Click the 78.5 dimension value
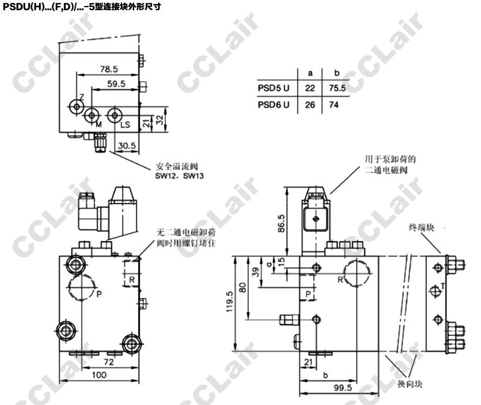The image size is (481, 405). [109, 69]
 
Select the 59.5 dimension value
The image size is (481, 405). [116, 84]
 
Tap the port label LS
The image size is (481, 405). [125, 125]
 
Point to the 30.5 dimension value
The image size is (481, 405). [127, 145]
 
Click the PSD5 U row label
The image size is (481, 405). [274, 88]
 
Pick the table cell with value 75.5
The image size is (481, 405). [337, 88]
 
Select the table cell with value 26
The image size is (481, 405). [310, 105]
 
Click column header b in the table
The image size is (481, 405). [337, 73]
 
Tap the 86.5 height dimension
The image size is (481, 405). [281, 223]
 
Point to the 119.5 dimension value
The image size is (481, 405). [230, 302]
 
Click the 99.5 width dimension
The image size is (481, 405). [343, 388]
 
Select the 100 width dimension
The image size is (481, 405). [99, 374]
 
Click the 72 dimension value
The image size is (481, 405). [109, 362]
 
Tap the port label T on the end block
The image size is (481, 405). [443, 287]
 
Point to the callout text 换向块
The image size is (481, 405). [410, 384]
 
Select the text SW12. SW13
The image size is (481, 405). [179, 176]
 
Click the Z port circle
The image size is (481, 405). [76, 107]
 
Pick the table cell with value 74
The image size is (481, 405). [334, 105]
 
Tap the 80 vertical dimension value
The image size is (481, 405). [243, 288]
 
